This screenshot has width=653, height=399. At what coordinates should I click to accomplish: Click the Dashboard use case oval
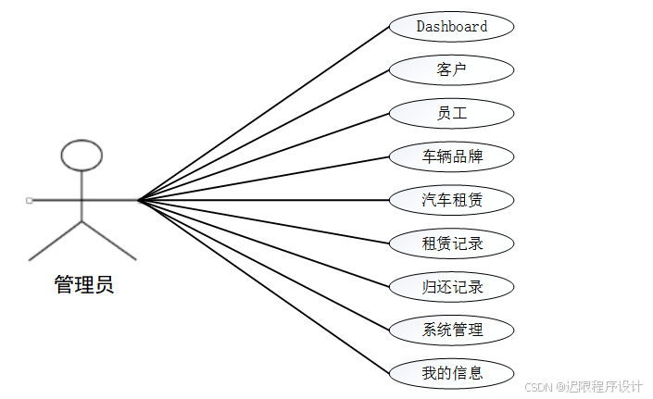pyautogui.click(x=451, y=26)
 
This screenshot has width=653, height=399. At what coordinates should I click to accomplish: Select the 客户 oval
pyautogui.click(x=451, y=69)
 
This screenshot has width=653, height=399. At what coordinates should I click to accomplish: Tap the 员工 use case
pyautogui.click(x=451, y=113)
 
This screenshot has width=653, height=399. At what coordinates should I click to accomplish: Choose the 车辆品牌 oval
pyautogui.click(x=451, y=156)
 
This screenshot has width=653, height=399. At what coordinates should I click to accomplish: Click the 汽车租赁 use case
pyautogui.click(x=451, y=199)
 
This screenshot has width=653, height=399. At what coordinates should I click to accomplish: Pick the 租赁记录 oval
pyautogui.click(x=451, y=243)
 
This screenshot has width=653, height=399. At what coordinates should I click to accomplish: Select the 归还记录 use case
pyautogui.click(x=451, y=286)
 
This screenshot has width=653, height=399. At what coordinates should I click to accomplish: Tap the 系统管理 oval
pyautogui.click(x=451, y=330)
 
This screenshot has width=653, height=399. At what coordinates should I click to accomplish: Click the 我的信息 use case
pyautogui.click(x=451, y=373)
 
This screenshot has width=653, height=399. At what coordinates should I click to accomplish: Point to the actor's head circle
pyautogui.click(x=82, y=156)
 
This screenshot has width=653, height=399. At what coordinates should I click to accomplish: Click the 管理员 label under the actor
pyautogui.click(x=83, y=284)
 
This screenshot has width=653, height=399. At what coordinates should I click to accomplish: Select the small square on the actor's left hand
pyautogui.click(x=30, y=200)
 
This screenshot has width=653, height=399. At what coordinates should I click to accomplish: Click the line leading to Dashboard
pyautogui.click(x=264, y=111)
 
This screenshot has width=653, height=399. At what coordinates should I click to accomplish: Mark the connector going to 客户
pyautogui.click(x=264, y=133)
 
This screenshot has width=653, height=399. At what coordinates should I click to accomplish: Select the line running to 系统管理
pyautogui.click(x=264, y=265)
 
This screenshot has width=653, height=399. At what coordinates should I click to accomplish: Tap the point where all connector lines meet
pyautogui.click(x=138, y=199)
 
